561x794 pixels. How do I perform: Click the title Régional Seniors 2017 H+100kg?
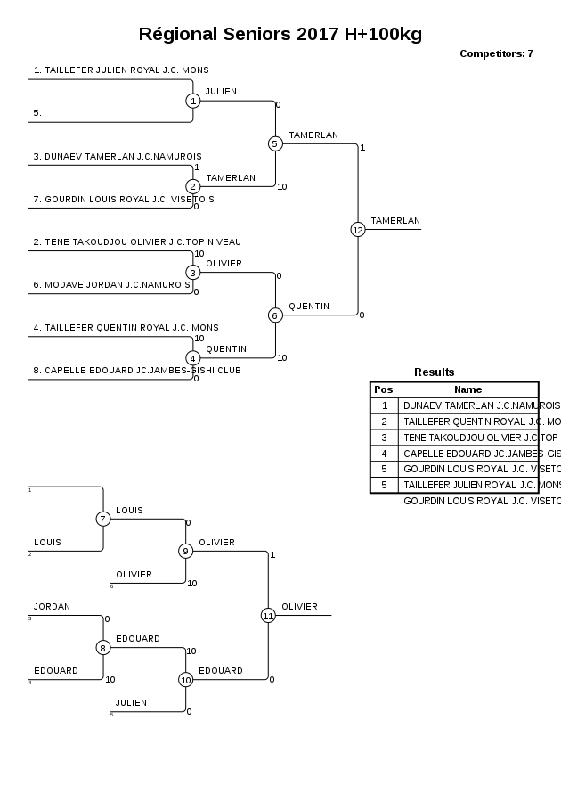pyautogui.click(x=280, y=35)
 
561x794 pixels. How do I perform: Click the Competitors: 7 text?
pyautogui.click(x=496, y=54)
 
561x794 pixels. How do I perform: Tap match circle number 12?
pyautogui.click(x=358, y=229)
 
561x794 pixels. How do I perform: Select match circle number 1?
pyautogui.click(x=193, y=101)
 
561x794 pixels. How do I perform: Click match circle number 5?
pyautogui.click(x=275, y=143)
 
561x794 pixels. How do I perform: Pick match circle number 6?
pyautogui.click(x=275, y=315)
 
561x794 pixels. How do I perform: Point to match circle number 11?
pyautogui.click(x=268, y=615)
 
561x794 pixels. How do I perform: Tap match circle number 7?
pyautogui.click(x=103, y=519)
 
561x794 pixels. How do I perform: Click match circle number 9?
pyautogui.click(x=186, y=551)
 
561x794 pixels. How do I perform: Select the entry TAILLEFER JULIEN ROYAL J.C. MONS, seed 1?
pyautogui.click(x=121, y=70)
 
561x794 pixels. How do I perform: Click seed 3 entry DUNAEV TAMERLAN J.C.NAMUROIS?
pyautogui.click(x=118, y=157)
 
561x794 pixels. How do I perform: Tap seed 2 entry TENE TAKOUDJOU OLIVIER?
pyautogui.click(x=137, y=242)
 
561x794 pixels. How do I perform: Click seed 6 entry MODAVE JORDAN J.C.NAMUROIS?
pyautogui.click(x=112, y=285)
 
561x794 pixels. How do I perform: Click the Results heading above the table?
pyautogui.click(x=434, y=372)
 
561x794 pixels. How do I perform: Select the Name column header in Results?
pyautogui.click(x=467, y=389)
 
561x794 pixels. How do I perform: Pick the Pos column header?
pyautogui.click(x=384, y=389)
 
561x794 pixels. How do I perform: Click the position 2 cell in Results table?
pyautogui.click(x=384, y=422)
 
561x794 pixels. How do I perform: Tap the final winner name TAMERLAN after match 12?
pyautogui.click(x=395, y=221)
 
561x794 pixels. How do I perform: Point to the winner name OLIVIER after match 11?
pyautogui.click(x=299, y=607)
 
